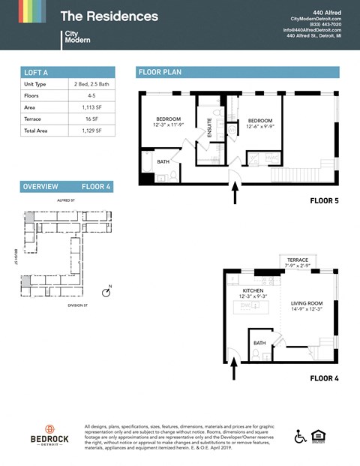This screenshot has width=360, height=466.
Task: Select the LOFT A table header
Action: pos(36,72)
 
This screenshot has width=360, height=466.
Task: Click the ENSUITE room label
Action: pos(210,129)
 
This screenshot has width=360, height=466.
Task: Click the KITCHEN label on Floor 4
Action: pos(253,293)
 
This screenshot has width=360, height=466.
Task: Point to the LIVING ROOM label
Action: pos(307,307)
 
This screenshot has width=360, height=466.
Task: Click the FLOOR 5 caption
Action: pos(324,201)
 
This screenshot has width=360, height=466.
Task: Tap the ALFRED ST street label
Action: pos(67,201)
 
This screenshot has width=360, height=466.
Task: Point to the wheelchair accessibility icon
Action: pos(300,436)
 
